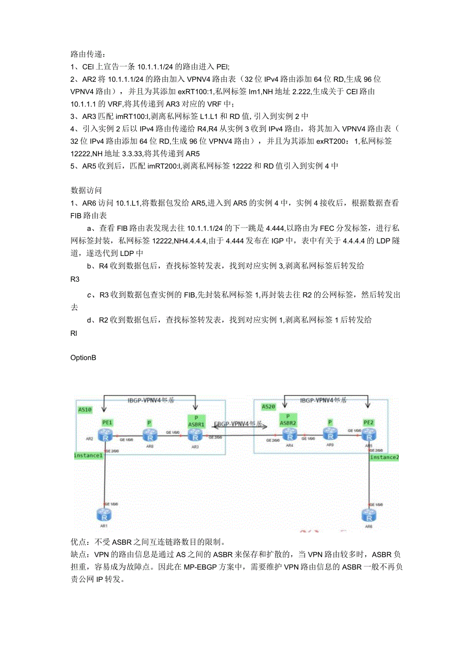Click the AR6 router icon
point(368,516)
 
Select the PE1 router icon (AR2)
point(106,436)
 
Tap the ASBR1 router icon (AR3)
point(194,436)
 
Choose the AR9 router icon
point(330,434)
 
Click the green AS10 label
point(85,410)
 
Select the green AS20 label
point(268,406)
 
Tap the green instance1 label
point(89,455)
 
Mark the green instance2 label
point(383,457)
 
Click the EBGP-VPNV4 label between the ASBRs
point(238,424)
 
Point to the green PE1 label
point(107,422)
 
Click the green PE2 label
point(368,422)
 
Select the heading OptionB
point(83,357)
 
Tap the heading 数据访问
point(86,190)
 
